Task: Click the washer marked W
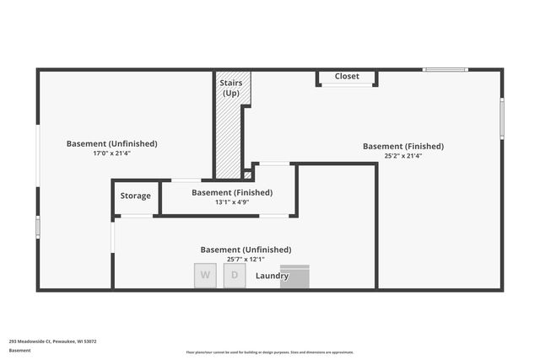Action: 205,277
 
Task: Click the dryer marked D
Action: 234,277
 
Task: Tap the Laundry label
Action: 272,276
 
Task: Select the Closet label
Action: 347,77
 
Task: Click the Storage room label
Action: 135,196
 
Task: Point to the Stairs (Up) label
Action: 231,88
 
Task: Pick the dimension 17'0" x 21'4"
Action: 111,153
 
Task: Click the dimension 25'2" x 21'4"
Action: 402,156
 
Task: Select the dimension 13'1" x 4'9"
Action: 231,202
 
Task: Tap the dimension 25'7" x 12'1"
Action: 246,260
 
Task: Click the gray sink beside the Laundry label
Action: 295,277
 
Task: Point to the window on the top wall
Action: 445,69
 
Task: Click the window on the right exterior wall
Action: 502,118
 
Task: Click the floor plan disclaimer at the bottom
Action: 270,352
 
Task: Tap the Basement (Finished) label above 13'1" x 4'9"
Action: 232,192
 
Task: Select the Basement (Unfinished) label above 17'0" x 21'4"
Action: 111,143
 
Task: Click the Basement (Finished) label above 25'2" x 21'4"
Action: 402,146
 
